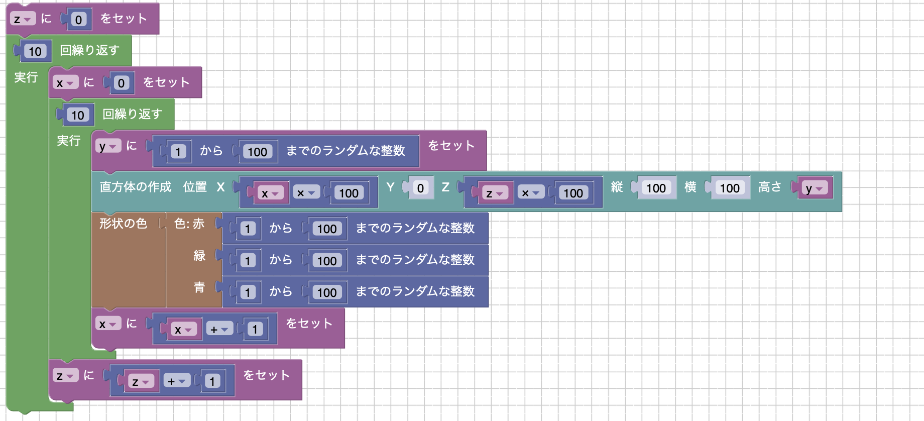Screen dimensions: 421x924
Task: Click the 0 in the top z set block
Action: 78,20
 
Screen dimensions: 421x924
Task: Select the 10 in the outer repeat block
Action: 35,51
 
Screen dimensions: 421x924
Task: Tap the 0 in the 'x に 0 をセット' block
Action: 121,83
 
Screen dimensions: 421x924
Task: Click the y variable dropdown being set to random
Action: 108,146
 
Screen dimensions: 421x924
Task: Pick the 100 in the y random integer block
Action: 257,152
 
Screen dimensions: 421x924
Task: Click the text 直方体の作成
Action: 135,187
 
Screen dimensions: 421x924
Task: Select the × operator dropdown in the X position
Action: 305,193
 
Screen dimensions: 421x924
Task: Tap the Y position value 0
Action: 420,188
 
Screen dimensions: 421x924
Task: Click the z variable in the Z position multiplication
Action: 494,193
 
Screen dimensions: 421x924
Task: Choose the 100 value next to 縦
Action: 655,188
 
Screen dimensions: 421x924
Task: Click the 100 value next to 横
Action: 729,188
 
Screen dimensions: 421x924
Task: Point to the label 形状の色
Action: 123,224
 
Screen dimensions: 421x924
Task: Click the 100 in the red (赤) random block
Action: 326,229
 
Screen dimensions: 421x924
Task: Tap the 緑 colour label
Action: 199,256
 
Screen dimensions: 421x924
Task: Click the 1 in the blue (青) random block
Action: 248,292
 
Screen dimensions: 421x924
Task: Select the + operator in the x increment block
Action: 219,330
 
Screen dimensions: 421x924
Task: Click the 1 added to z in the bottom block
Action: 212,381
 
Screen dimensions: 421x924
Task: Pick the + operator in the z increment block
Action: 176,381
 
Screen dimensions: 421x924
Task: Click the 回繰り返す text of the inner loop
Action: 132,115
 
